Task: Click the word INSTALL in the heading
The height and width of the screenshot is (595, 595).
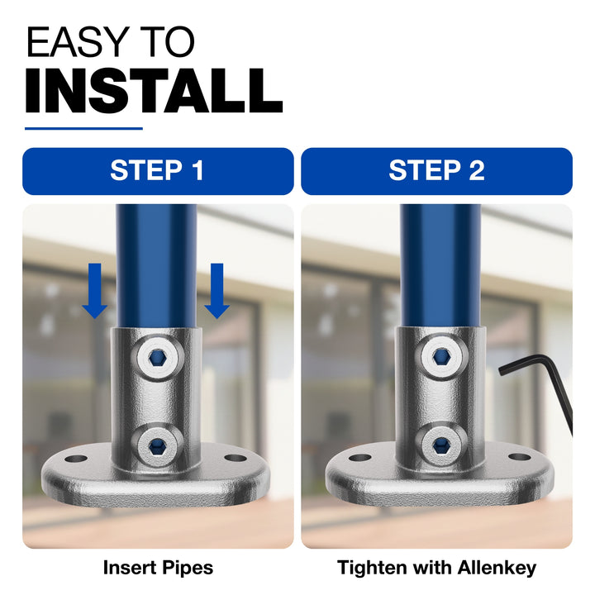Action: pos(154,91)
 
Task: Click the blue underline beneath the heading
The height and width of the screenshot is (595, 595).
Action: pos(83,129)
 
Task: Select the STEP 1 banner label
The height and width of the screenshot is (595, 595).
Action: pos(157,170)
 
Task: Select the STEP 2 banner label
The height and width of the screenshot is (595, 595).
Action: pos(436,170)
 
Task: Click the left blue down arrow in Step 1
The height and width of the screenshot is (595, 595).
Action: pos(95,291)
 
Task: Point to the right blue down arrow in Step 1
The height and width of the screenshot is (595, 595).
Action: pos(217,291)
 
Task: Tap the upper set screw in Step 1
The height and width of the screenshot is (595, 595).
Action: pos(157,358)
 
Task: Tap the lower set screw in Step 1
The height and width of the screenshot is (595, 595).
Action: pos(157,444)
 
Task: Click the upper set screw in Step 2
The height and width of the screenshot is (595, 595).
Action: pos(440,356)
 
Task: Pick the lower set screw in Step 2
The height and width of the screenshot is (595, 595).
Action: pos(440,443)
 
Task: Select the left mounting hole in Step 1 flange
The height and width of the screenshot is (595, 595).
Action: pos(76,459)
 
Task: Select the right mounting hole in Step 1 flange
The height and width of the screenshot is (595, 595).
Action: pos(236,458)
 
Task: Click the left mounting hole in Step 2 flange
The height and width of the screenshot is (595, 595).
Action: pos(359,458)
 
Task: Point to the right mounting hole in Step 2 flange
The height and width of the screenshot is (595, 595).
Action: pos(520,457)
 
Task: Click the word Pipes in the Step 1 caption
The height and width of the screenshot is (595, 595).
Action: pos(188,568)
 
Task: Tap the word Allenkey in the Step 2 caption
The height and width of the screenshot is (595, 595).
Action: pos(497,568)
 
